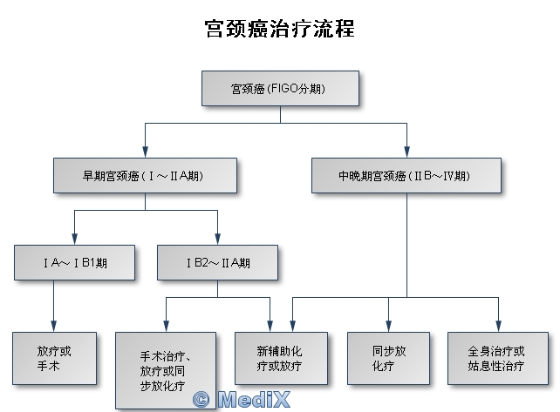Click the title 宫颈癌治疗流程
[x=279, y=28]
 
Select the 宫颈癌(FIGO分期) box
[x=280, y=89]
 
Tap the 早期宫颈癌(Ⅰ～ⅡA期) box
[x=145, y=176]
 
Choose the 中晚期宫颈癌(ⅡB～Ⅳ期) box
[x=406, y=176]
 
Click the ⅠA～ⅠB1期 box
[x=75, y=261]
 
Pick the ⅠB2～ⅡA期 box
[x=217, y=261]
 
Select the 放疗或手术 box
[x=54, y=358]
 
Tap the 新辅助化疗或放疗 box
[x=280, y=358]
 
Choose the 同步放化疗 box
[x=388, y=358]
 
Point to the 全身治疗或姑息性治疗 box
[x=496, y=358]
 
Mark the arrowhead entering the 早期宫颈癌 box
[x=145, y=153]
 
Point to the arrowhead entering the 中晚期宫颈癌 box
[x=406, y=153]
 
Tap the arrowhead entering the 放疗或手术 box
[x=54, y=327]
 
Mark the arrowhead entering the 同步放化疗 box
[x=388, y=327]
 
